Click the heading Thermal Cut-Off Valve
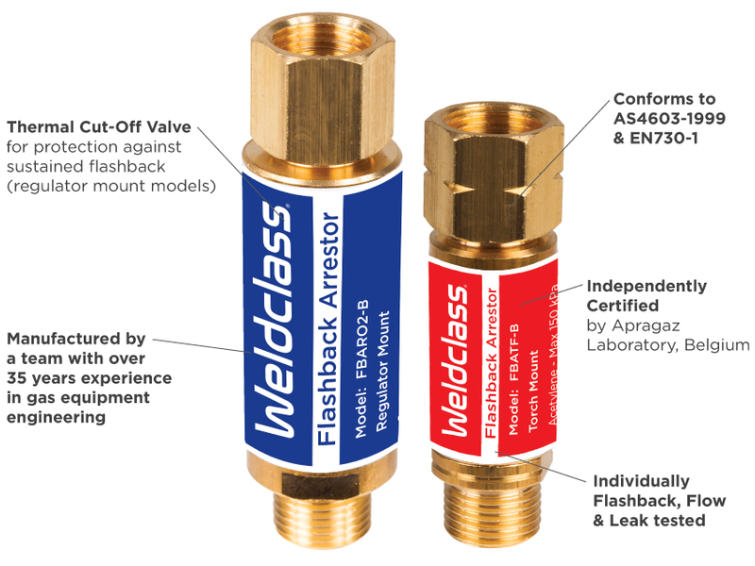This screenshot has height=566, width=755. tap(99, 127)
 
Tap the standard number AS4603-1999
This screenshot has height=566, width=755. tap(669, 119)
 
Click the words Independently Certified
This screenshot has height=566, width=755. tap(646, 295)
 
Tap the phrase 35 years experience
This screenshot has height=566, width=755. tap(89, 378)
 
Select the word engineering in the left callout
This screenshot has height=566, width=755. tap(56, 417)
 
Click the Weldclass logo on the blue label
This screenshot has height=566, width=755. tap(274, 320)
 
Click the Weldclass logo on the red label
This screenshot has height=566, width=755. tap(454, 360)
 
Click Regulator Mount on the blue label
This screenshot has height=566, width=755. tap(382, 371)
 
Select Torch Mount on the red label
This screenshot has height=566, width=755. tap(533, 391)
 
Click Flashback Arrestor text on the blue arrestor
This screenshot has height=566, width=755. tap(328, 329)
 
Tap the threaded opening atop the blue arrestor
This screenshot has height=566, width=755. tap(323, 32)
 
